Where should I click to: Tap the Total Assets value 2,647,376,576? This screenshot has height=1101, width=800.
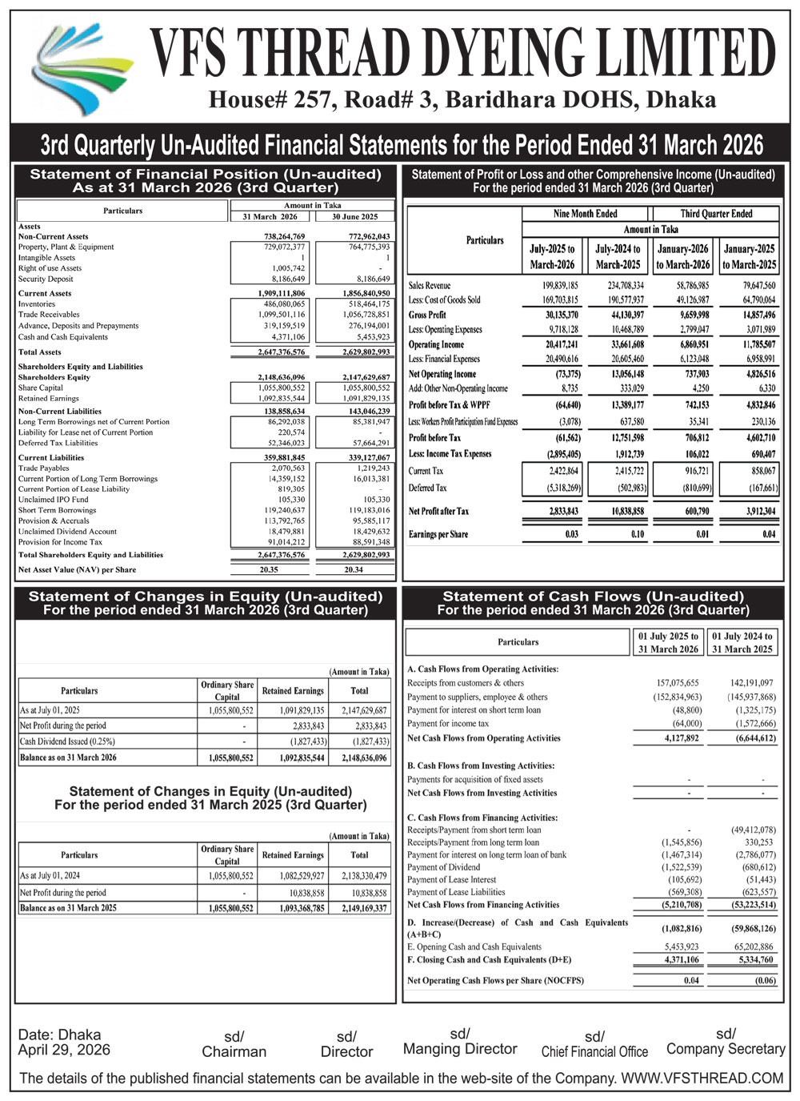(x=281, y=352)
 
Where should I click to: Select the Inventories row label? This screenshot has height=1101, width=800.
(x=37, y=304)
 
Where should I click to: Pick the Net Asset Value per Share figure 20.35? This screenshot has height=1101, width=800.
(x=269, y=570)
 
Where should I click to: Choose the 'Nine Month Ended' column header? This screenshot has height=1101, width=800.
(x=585, y=214)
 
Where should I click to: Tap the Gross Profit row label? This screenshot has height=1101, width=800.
(x=427, y=315)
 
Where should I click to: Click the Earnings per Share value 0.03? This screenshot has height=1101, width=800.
(x=571, y=534)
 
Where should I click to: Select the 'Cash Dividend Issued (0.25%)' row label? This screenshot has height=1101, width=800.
(x=67, y=741)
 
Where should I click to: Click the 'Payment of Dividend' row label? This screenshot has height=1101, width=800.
(x=444, y=867)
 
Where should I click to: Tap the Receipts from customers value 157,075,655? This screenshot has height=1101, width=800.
(x=677, y=683)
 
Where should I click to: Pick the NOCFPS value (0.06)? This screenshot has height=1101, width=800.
(x=765, y=980)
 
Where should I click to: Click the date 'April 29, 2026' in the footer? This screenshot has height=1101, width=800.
(x=64, y=1050)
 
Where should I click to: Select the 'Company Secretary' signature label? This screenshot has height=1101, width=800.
(x=726, y=1049)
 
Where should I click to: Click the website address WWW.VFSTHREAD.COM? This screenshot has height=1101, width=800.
(x=702, y=1079)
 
